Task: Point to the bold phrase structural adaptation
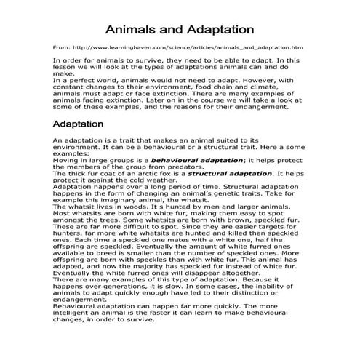pos(230,173)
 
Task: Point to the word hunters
pos(70,234)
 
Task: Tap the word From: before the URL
pos(62,47)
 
